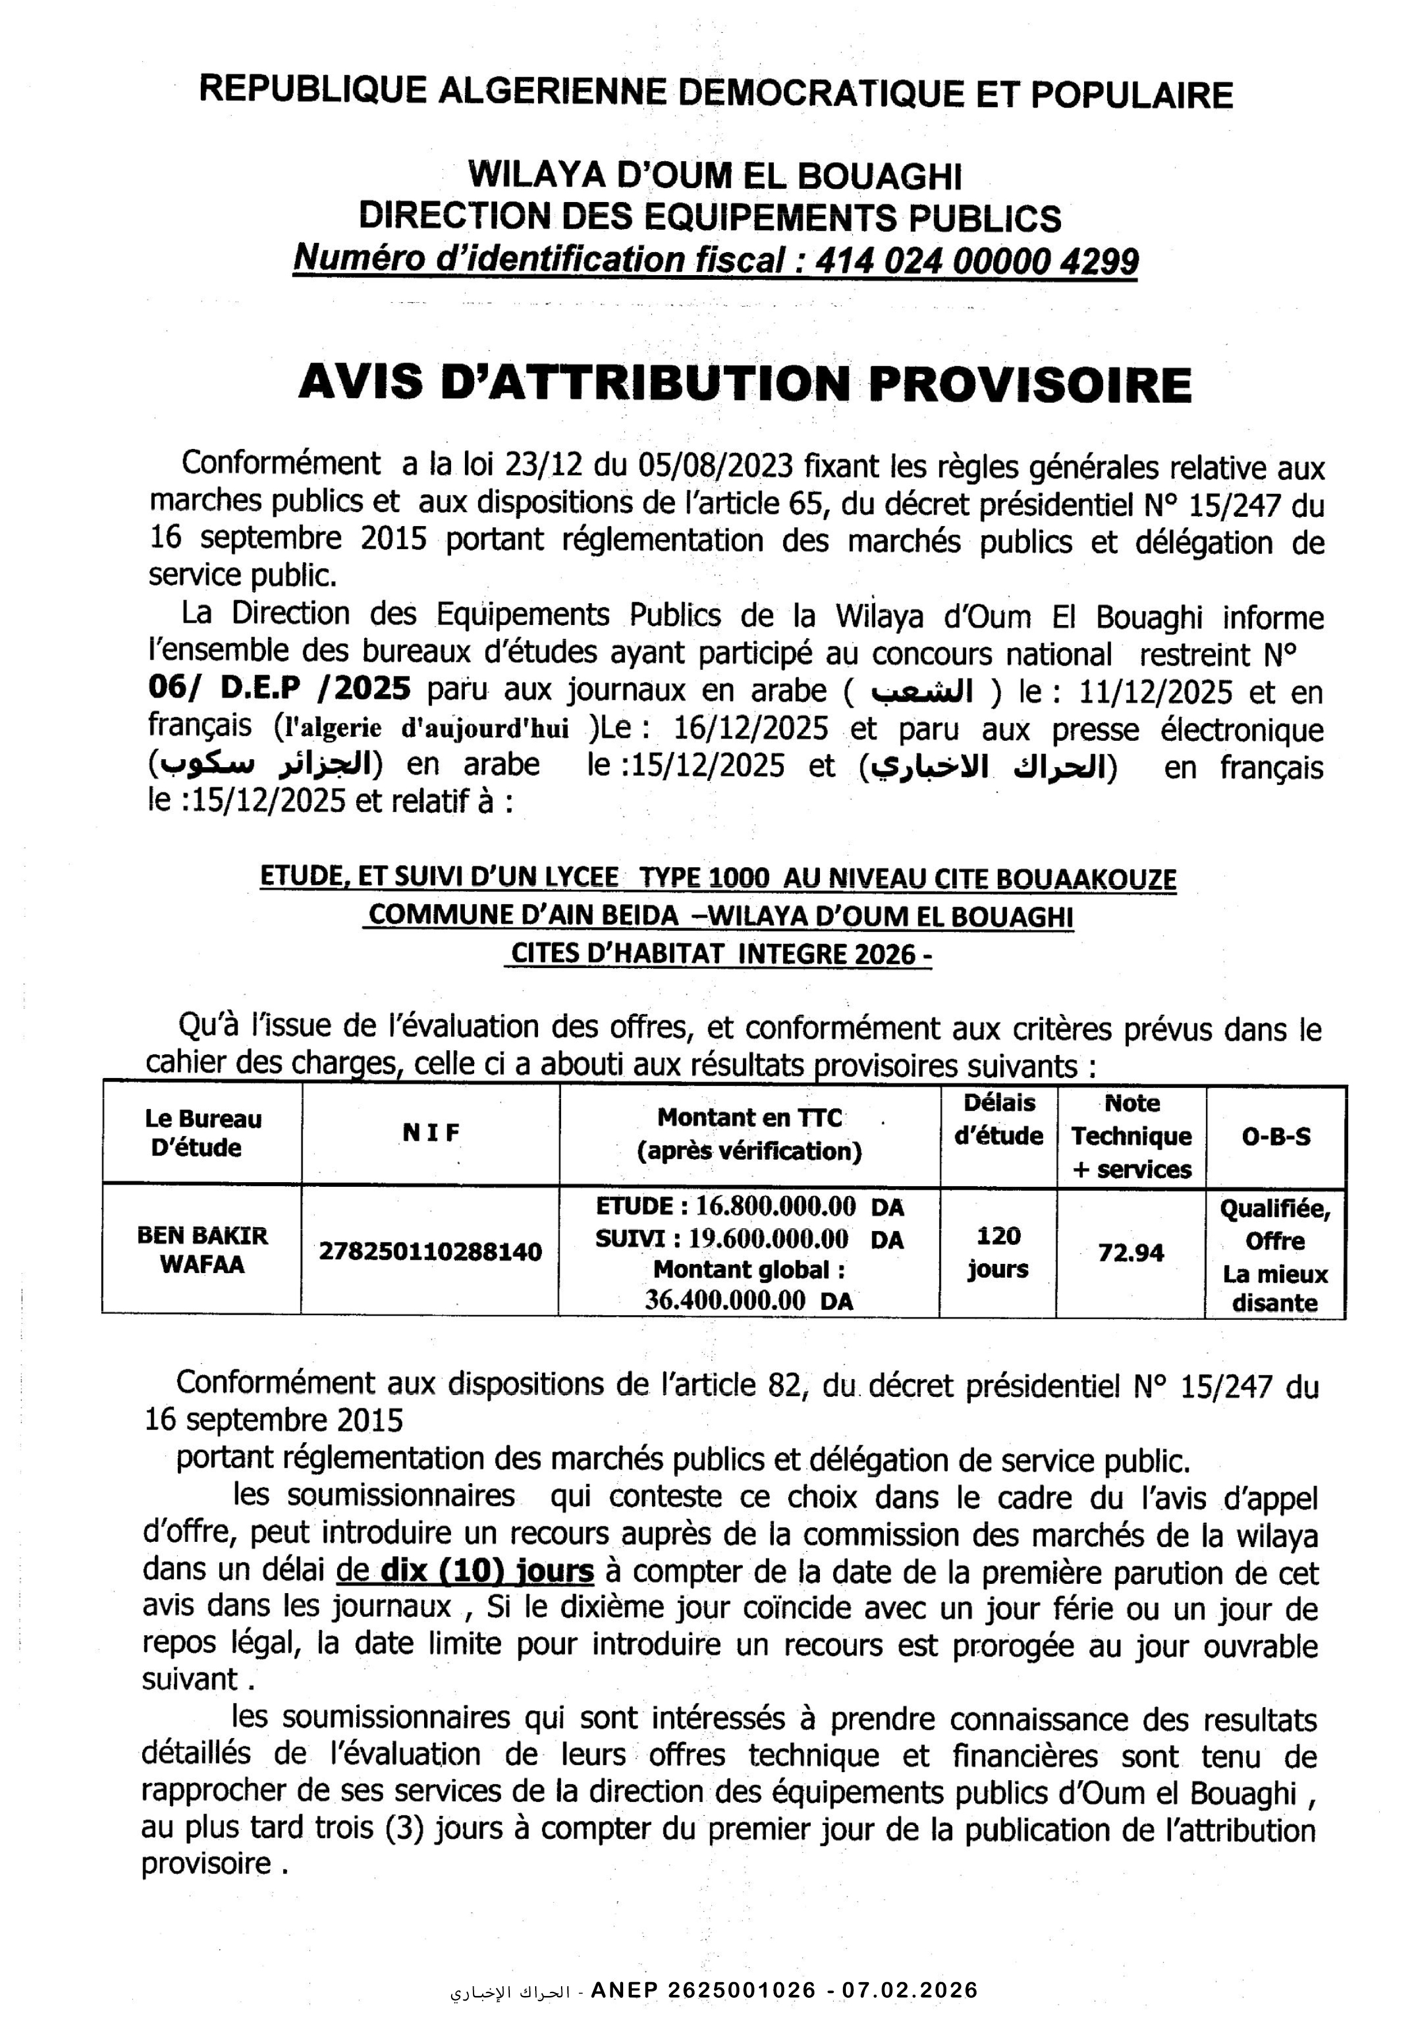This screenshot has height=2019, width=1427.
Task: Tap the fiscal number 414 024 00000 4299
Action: pyautogui.click(x=976, y=260)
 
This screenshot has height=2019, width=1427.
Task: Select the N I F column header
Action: pyautogui.click(x=431, y=1133)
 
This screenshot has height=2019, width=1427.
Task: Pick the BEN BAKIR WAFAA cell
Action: pyautogui.click(x=202, y=1250)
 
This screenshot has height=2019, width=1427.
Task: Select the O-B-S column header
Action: pyautogui.click(x=1276, y=1136)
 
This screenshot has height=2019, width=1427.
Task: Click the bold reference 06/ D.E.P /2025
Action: pyautogui.click(x=280, y=688)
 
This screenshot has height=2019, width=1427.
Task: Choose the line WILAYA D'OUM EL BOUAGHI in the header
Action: pyautogui.click(x=714, y=176)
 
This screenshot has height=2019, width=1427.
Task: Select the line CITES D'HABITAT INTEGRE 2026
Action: pyautogui.click(x=718, y=954)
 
